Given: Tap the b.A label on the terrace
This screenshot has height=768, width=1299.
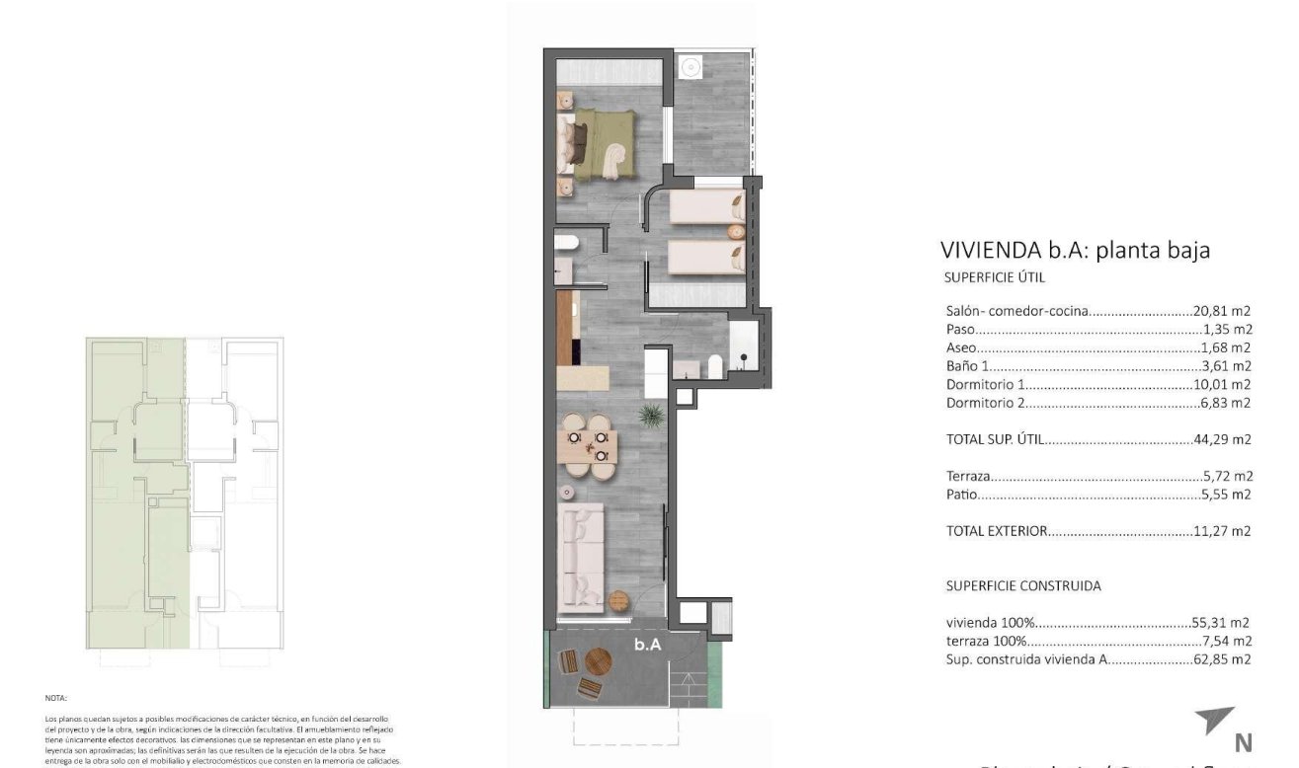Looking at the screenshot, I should click(x=647, y=645).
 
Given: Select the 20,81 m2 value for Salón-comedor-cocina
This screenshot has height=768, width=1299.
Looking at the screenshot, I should click(x=1223, y=311).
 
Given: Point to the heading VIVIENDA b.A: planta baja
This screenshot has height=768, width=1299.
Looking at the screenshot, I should click(x=1076, y=251).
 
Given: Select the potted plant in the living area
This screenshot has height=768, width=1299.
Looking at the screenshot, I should click(x=650, y=416).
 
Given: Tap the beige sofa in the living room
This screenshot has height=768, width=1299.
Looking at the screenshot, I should click(x=581, y=557).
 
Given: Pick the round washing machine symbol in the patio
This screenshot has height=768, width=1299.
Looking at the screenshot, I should click(x=691, y=67).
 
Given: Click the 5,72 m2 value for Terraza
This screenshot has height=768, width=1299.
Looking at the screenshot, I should click(x=1228, y=476).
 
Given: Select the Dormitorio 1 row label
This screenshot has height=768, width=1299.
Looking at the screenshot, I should click(x=987, y=385).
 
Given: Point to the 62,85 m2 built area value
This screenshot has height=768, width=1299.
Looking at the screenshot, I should click(x=1224, y=660).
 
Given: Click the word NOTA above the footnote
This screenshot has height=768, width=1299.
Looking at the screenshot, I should click(x=56, y=698).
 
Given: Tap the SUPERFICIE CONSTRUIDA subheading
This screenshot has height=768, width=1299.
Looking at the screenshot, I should click(x=1022, y=585).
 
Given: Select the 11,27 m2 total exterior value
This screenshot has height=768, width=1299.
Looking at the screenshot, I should click(x=1225, y=531).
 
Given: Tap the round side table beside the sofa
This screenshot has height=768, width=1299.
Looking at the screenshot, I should click(x=619, y=599).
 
